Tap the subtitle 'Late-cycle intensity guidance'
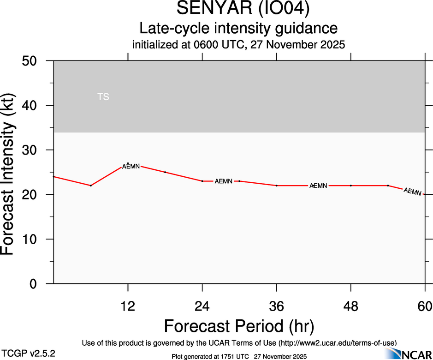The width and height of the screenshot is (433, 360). point(239,29)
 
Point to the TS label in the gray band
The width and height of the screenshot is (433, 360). point(103,97)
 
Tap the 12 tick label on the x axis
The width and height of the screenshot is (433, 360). point(128,306)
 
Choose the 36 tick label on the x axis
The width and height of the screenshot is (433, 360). point(277,306)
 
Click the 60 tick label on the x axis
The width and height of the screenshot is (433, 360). point(425,306)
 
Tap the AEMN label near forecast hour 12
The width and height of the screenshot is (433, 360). point(130,166)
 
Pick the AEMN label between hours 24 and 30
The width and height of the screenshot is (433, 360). point(224,181)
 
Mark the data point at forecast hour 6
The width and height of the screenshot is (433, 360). point(91,186)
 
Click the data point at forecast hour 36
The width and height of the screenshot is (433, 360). point(277,186)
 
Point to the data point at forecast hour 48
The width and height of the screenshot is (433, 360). point(351,186)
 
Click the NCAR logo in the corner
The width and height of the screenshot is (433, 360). point(409,354)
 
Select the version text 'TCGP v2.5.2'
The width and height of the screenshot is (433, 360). point(29,353)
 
